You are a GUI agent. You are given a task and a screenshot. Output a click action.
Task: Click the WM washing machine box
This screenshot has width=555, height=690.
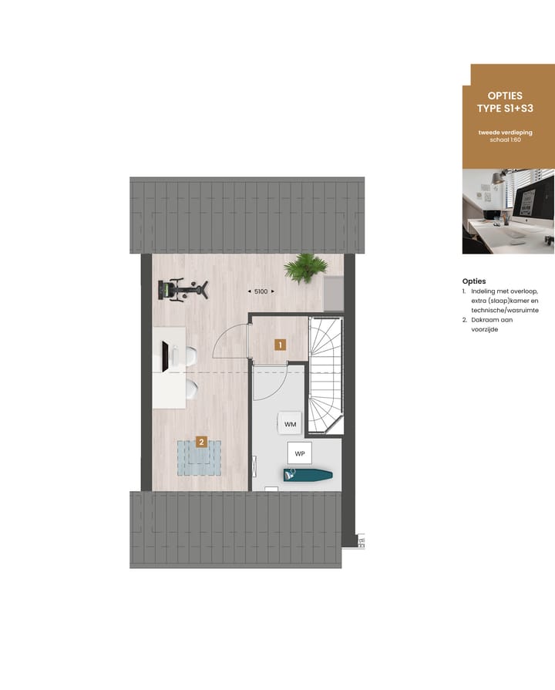291,423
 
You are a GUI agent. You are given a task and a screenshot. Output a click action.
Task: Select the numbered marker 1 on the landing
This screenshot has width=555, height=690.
280,345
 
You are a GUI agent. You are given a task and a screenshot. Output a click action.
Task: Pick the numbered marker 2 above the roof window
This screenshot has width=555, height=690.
201,442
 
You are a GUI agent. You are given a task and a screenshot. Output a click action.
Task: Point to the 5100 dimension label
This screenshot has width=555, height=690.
261,291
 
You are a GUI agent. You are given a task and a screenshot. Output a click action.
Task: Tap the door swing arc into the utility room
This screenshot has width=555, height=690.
269,383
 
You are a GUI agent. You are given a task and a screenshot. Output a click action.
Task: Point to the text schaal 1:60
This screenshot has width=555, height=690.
505,141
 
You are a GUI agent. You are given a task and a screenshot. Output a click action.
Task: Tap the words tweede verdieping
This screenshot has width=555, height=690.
505,133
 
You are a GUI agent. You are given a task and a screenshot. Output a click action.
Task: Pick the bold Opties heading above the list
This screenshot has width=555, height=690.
474,281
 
